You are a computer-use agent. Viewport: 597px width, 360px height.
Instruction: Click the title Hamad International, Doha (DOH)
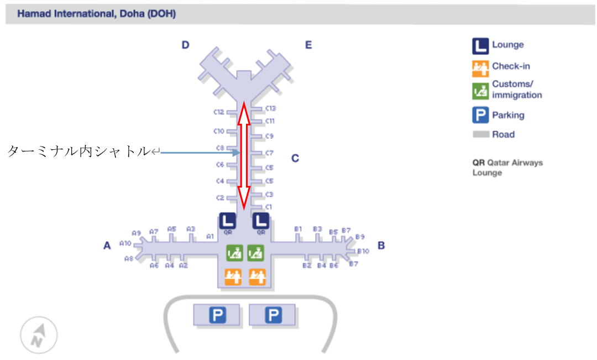click(x=97, y=14)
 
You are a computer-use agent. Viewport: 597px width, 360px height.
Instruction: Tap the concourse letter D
click(x=186, y=45)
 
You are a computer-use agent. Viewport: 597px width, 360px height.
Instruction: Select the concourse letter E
click(x=308, y=45)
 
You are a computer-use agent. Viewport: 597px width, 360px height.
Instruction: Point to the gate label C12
click(x=219, y=112)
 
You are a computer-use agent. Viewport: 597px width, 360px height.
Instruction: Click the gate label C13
click(x=270, y=108)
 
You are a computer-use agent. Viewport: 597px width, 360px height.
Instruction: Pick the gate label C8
click(x=219, y=148)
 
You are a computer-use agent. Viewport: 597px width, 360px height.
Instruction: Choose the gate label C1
click(x=269, y=207)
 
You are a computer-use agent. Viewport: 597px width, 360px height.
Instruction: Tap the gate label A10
click(x=125, y=243)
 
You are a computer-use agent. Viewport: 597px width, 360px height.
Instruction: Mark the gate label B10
click(x=363, y=251)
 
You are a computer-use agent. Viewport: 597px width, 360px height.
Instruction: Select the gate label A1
click(x=210, y=236)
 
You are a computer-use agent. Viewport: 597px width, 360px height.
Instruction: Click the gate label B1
click(x=298, y=229)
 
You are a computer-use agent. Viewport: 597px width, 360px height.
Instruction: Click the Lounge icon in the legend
click(x=480, y=46)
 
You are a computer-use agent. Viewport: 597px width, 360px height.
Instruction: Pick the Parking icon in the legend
click(x=480, y=116)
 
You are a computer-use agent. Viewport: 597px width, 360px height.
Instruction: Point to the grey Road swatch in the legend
click(x=480, y=134)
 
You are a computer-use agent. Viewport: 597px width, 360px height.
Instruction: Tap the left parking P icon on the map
click(x=216, y=315)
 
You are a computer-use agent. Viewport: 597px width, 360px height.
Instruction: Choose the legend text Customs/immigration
click(x=517, y=90)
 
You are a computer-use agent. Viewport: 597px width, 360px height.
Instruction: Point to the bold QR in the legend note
click(x=478, y=163)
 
